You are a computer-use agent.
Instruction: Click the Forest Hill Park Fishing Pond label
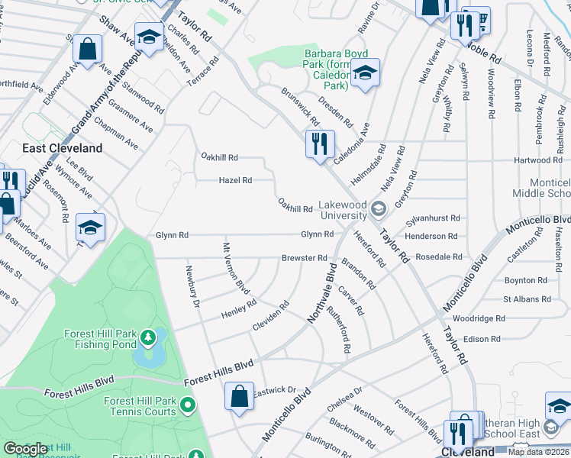95,339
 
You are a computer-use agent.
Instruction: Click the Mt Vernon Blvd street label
236,269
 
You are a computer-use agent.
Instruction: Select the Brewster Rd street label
304,258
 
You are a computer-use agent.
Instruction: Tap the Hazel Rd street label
235,181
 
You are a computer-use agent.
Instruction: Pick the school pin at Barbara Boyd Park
366,73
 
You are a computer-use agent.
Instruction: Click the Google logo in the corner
25,450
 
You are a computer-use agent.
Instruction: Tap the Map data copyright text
539,453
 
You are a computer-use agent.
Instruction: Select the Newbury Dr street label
192,285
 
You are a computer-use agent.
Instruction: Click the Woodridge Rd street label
479,318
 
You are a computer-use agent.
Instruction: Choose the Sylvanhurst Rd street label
434,218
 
